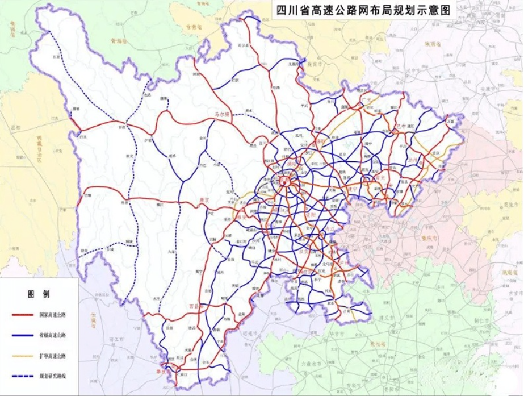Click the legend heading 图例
click(x=39, y=294)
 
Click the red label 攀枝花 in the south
click(x=161, y=372)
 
